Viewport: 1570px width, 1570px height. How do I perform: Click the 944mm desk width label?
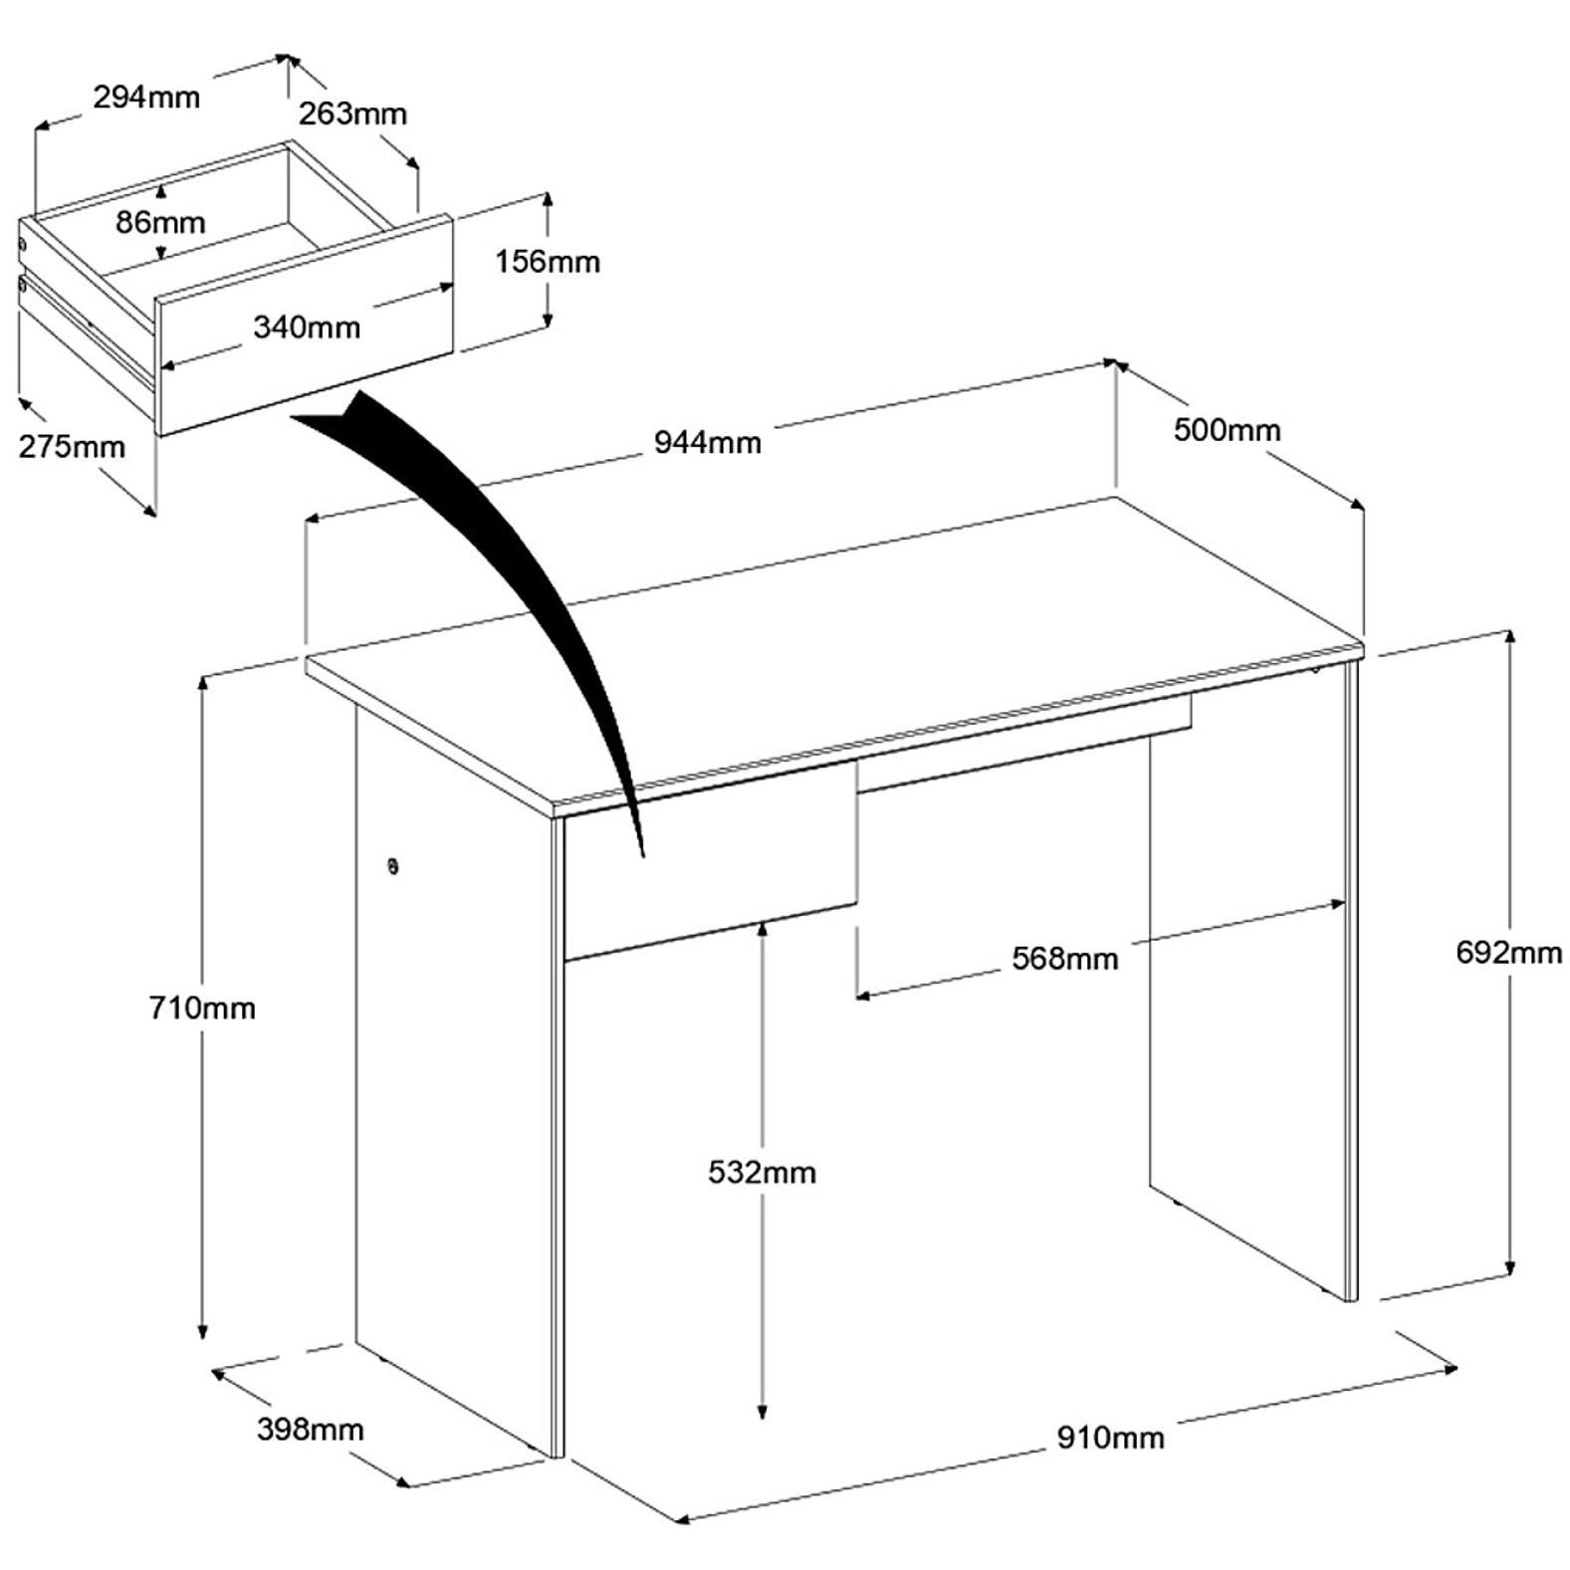pyautogui.click(x=707, y=442)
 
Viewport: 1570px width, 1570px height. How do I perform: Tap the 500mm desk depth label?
pyautogui.click(x=1227, y=430)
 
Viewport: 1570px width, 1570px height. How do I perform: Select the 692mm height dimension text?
pyautogui.click(x=1509, y=953)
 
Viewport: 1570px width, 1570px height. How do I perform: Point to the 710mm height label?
pyautogui.click(x=202, y=1008)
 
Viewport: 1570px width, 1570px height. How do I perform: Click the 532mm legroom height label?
pyautogui.click(x=762, y=1172)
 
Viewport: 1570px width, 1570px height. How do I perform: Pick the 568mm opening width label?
pyautogui.click(x=1065, y=959)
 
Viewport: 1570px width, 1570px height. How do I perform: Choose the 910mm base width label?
pyautogui.click(x=1110, y=1438)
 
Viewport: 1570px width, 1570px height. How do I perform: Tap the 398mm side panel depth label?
pyautogui.click(x=311, y=1430)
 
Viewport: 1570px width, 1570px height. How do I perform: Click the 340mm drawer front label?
pyautogui.click(x=307, y=327)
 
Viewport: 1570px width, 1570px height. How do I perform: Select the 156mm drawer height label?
pyautogui.click(x=548, y=262)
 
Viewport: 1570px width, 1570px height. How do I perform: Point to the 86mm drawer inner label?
pyautogui.click(x=160, y=222)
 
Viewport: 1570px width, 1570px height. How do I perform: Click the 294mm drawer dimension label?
pyautogui.click(x=146, y=97)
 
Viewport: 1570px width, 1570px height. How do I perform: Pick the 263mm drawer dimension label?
pyautogui.click(x=353, y=113)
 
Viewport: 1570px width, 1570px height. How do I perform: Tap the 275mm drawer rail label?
pyautogui.click(x=73, y=446)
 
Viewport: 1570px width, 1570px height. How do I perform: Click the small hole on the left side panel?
pyautogui.click(x=393, y=866)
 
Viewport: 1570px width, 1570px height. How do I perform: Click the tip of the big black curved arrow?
pyautogui.click(x=644, y=856)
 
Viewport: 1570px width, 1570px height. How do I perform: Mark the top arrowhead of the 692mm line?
pyautogui.click(x=1510, y=637)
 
